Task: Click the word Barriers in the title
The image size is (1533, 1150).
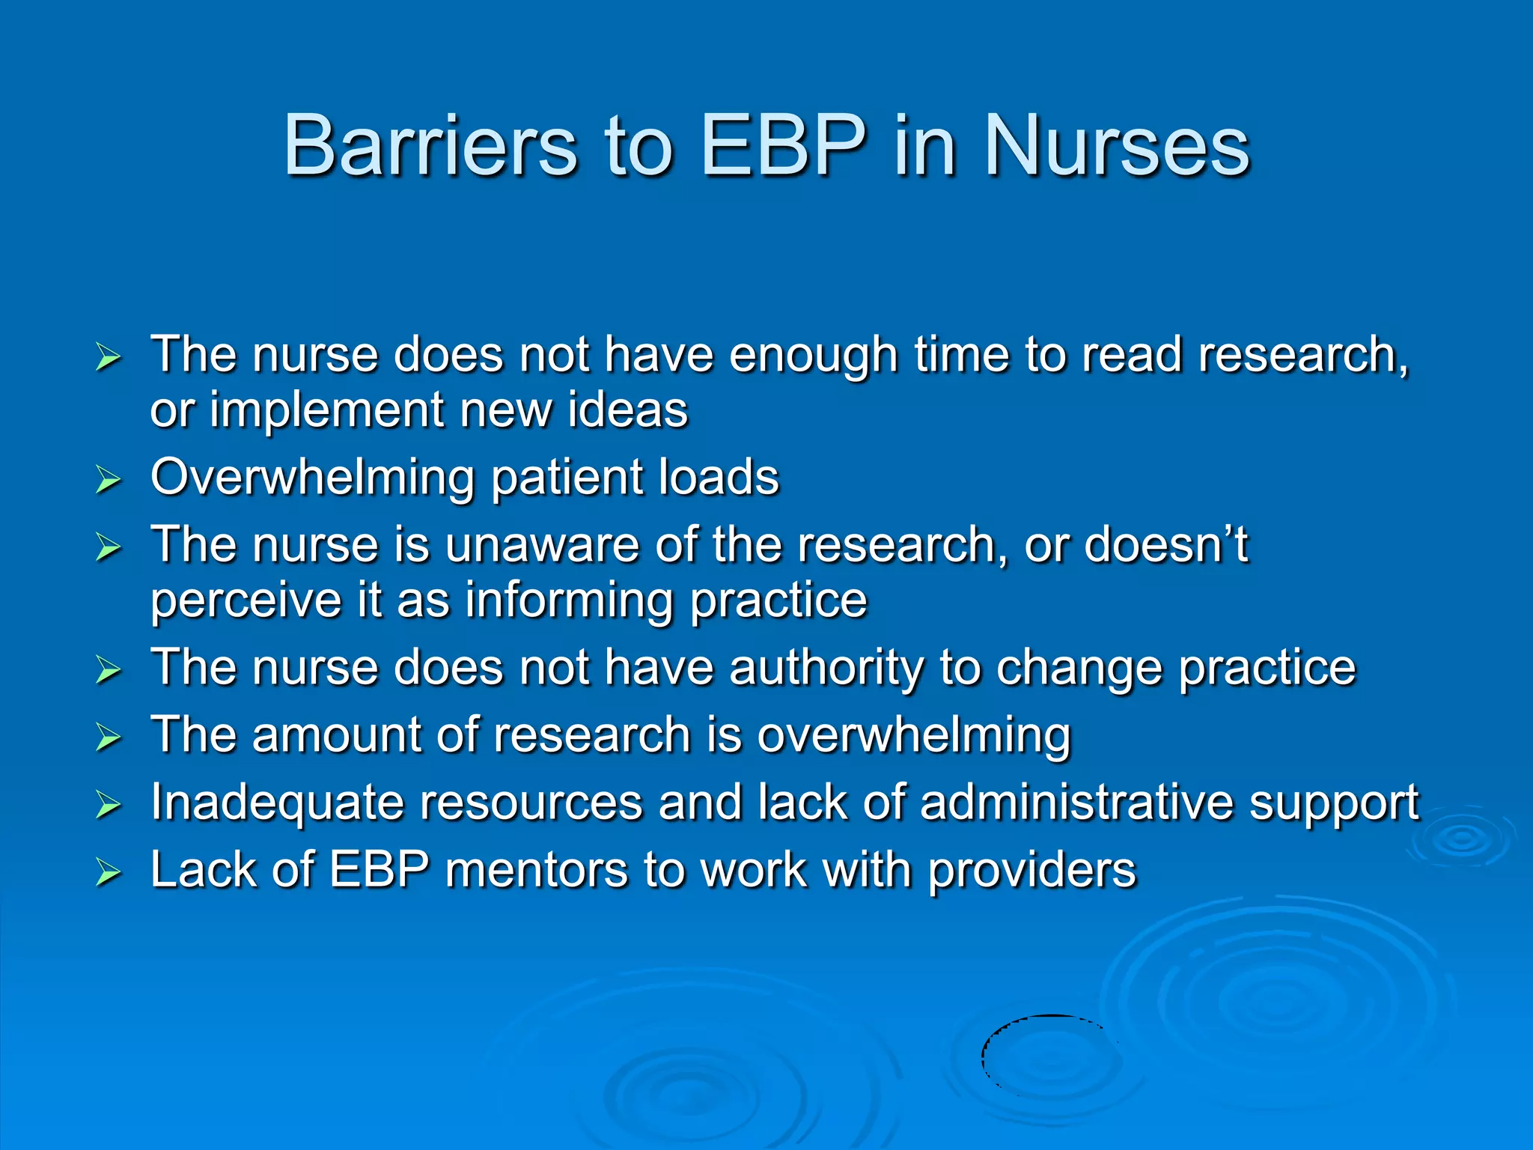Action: (x=430, y=146)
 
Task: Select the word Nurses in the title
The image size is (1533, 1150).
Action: (x=1117, y=146)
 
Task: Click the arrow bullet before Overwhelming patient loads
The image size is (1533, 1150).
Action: (x=109, y=480)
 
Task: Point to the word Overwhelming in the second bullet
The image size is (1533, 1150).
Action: (x=312, y=478)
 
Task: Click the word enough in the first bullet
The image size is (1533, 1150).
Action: (x=813, y=354)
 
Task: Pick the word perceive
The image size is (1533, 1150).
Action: (x=246, y=601)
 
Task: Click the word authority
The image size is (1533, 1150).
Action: (x=826, y=668)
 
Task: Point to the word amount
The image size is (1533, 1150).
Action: (x=337, y=734)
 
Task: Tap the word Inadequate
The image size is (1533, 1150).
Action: (x=277, y=803)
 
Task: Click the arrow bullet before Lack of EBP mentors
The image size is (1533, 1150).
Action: (x=109, y=873)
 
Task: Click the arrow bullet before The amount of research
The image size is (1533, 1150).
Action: (x=109, y=737)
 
